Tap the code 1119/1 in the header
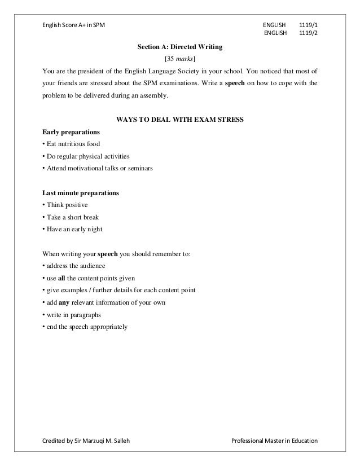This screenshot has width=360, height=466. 308,25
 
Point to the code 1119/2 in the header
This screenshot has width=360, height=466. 308,35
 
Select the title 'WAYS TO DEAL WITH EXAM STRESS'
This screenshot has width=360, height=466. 179,120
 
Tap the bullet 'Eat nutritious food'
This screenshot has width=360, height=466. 71,144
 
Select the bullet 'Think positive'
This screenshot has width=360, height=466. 65,205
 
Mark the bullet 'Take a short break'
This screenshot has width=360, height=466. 71,217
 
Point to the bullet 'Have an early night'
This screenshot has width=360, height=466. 72,229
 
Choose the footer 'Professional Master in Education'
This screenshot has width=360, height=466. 274,441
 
